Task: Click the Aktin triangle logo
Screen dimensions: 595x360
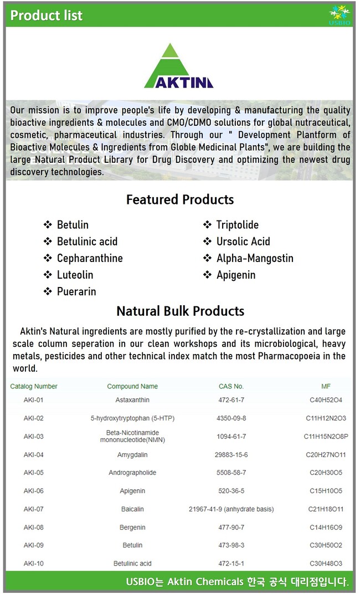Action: coord(178,67)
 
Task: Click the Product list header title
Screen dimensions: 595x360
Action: coord(47,16)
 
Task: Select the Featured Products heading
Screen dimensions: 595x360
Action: coord(180,199)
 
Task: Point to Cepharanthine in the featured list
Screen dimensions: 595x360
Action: coord(90,258)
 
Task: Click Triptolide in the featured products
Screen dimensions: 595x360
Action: coord(237,225)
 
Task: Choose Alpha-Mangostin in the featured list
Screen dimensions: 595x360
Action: coord(255,258)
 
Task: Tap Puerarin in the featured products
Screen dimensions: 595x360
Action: coord(76,291)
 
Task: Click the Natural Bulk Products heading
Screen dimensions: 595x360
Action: coord(180,311)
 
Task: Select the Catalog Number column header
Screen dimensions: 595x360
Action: coord(34,386)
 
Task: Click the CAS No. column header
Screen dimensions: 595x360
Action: coord(231,386)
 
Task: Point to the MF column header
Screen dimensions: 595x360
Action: coord(326,386)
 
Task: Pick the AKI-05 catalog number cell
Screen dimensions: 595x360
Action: coord(33,473)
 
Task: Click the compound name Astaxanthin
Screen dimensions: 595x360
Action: coord(132,400)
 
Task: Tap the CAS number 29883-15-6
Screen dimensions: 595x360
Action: coord(232,455)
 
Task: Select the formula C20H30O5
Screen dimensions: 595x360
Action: coord(326,473)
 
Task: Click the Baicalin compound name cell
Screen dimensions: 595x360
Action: coord(132,509)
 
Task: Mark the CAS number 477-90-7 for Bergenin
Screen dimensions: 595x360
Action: coord(232,527)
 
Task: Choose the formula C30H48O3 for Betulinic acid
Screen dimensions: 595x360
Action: coord(326,563)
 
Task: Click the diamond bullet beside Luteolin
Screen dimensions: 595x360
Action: coord(48,275)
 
